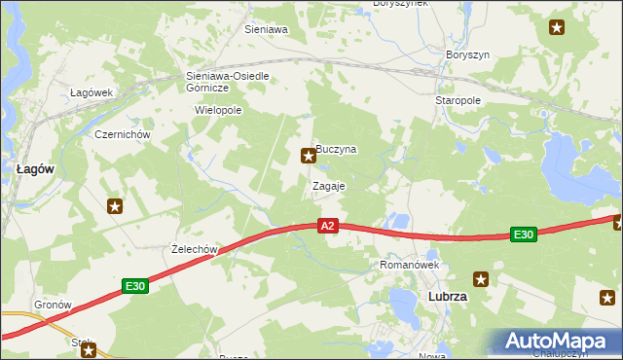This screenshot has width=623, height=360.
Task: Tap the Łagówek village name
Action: coord(92,92)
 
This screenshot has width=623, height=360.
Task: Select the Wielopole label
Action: coord(218,110)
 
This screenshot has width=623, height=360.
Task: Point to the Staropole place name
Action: coord(458,100)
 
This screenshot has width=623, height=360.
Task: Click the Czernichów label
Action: coord(121,134)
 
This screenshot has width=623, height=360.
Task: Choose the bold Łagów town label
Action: coord(35,168)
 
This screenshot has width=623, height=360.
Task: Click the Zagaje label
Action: coord(329,185)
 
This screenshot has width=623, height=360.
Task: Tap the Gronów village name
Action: coord(54,305)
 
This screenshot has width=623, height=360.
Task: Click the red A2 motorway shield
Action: coord(328,226)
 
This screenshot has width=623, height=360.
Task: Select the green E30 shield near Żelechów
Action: coord(135,286)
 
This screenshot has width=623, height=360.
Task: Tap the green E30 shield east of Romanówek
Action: coord(524,234)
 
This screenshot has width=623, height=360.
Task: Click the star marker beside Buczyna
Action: coord(309,154)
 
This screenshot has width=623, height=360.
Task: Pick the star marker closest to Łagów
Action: coord(115,205)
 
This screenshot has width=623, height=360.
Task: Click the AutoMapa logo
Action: coord(560,342)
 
